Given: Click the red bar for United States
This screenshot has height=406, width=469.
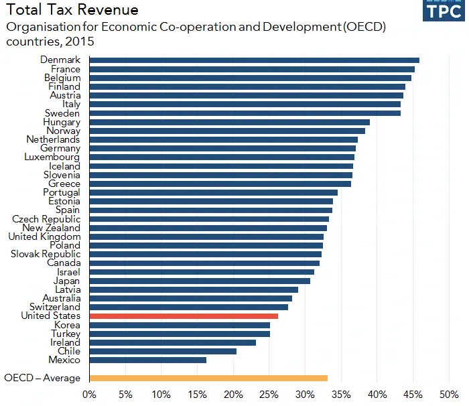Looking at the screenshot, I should coord(183,316).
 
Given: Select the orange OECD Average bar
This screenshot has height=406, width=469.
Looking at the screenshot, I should coord(208,378).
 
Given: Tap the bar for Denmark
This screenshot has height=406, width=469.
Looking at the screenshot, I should coord(254,60).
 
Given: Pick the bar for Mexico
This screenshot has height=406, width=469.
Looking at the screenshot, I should coord(147,360).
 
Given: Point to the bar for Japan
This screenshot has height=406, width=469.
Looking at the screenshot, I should coord(199,281).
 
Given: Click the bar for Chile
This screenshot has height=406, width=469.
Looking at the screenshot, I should coord(162,351).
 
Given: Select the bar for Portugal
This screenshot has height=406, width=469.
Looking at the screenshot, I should coord(213,192).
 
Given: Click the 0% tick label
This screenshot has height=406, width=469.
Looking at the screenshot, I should coord(89,395).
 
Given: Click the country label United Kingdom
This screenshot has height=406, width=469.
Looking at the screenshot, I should coord(44,236).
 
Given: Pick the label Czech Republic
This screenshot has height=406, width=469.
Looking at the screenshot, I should coord(46,219).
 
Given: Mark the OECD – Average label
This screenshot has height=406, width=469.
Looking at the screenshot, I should coord(42,378).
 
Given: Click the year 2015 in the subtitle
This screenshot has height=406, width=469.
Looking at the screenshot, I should coord(80,42).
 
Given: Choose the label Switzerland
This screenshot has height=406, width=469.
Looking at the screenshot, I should coord(55,307).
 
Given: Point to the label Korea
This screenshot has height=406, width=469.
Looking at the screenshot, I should coord(67,325).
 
